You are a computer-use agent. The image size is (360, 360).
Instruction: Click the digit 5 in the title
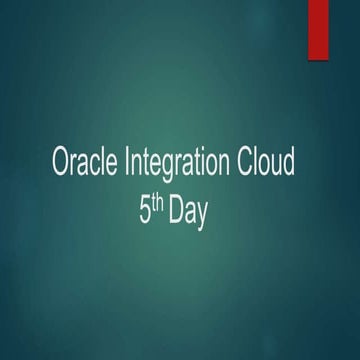coord(146,212)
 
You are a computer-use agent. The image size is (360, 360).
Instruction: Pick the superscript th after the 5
coord(160,205)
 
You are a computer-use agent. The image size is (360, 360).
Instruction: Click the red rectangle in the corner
coord(319,26)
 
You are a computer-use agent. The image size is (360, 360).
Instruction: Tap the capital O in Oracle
coord(61,164)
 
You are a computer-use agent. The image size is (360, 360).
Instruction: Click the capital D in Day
coord(176,212)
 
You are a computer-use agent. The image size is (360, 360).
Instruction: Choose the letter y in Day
coord(202,216)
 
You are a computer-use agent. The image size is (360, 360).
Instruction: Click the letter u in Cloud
coord(277,166)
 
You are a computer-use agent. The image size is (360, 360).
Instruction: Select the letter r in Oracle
coord(75,166)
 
